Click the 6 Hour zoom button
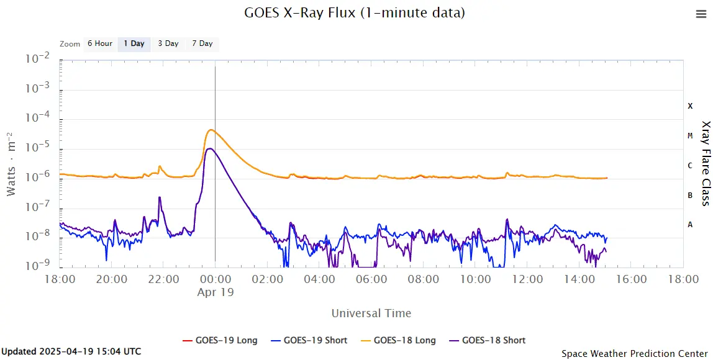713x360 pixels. pyautogui.click(x=99, y=43)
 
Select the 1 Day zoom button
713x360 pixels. pyautogui.click(x=134, y=43)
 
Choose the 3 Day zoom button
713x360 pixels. pyautogui.click(x=168, y=43)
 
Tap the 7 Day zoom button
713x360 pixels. pyautogui.click(x=202, y=43)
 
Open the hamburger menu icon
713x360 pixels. pyautogui.click(x=701, y=14)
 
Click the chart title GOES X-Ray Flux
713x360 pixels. pyautogui.click(x=355, y=12)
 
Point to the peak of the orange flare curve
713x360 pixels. pyautogui.click(x=211, y=130)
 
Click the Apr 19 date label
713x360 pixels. pyautogui.click(x=216, y=292)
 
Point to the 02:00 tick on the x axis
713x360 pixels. pyautogui.click(x=268, y=279)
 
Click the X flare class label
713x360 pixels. pyautogui.click(x=690, y=106)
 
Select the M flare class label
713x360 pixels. pyautogui.click(x=690, y=136)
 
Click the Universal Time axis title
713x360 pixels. pyautogui.click(x=371, y=313)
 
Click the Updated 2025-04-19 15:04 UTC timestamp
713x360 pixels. pyautogui.click(x=71, y=351)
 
